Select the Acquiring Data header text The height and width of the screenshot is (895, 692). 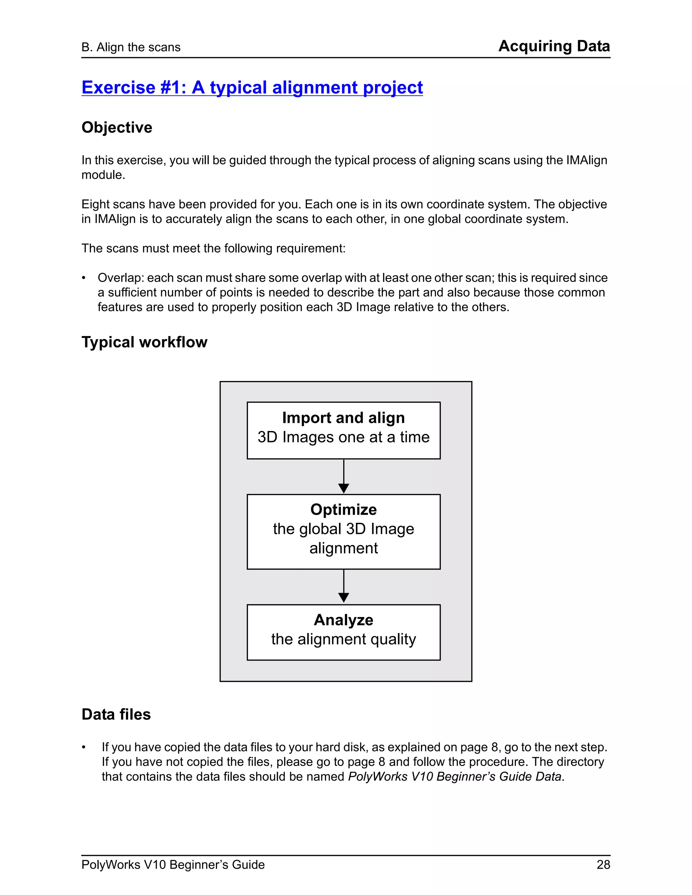pos(554,46)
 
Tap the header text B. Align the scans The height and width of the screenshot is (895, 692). pos(131,47)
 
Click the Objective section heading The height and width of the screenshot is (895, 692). pos(117,127)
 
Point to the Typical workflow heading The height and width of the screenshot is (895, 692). pos(144,342)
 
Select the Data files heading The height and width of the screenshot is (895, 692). pos(116,714)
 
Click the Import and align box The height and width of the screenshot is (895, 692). pos(344,430)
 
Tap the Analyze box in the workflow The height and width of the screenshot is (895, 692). pos(344,632)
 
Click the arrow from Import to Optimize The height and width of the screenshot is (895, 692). pos(344,477)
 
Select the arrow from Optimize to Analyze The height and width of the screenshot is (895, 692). pos(344,586)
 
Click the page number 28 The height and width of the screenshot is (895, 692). pos(603,865)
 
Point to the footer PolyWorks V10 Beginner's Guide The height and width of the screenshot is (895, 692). pos(173,865)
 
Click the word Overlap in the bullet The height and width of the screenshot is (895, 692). pos(121,278)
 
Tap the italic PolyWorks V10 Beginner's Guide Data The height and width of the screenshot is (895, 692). pos(454,776)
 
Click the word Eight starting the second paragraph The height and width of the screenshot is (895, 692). pos(94,204)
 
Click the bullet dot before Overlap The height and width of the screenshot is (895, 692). pos(84,278)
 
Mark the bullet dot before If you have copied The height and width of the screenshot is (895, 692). pos(84,747)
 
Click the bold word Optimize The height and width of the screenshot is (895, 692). pos(344,509)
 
